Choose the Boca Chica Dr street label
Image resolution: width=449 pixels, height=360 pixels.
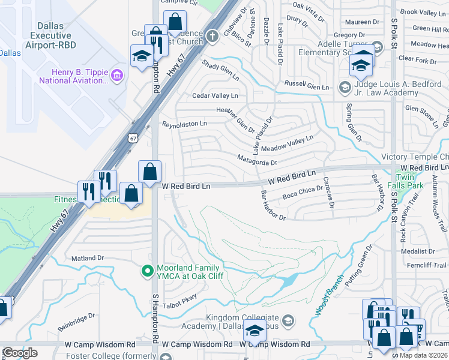click(x=303, y=192)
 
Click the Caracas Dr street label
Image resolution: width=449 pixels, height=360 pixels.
click(x=329, y=192)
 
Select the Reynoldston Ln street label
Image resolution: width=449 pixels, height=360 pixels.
click(x=184, y=124)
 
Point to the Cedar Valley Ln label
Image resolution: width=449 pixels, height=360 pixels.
click(x=215, y=96)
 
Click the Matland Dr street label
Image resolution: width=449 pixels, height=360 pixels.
click(x=88, y=258)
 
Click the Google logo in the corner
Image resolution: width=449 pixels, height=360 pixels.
click(x=20, y=353)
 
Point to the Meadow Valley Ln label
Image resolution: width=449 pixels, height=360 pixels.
click(x=287, y=141)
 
